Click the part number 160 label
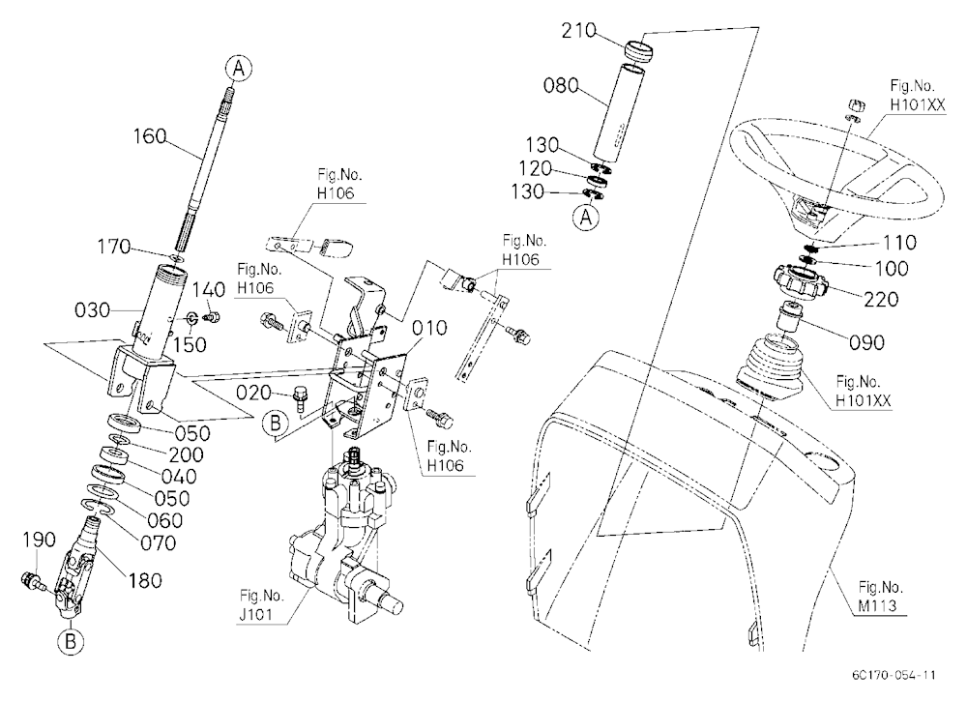(151, 136)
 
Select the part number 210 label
(578, 31)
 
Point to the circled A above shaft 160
(239, 68)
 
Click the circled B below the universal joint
(71, 642)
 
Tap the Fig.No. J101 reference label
(262, 605)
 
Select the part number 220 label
(881, 299)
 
